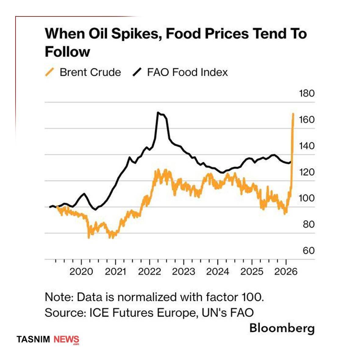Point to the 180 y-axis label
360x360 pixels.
pos(306,93)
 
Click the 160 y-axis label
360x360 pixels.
pos(306,119)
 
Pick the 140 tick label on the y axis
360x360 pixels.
pos(306,145)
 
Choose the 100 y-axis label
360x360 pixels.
pos(306,198)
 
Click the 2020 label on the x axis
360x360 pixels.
pos(81,271)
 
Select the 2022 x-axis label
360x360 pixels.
pos(149,271)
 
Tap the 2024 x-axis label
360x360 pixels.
pos(217,271)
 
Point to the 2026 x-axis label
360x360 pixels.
pos(286,271)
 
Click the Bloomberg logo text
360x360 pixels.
pos(282,328)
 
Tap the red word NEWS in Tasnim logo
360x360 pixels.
pos(66,339)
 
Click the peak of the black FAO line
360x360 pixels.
pos(158,113)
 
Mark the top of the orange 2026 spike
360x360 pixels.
pos(293,114)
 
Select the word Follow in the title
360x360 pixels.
pos(67,52)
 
